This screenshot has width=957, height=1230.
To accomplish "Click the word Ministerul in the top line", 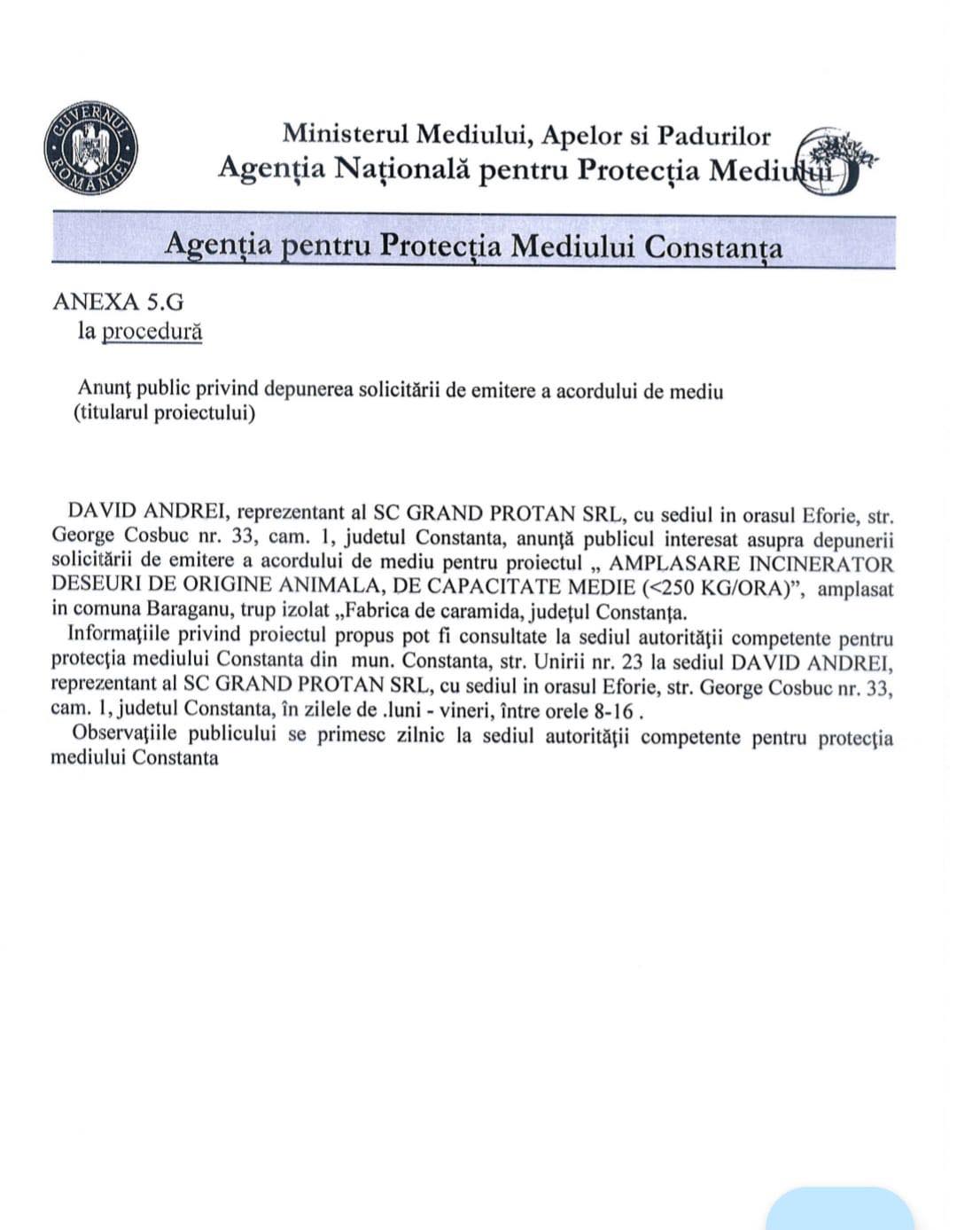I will coord(346,135).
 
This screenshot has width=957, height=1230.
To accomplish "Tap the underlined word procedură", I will coord(152,332).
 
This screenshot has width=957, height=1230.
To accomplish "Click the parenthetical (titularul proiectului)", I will coord(164,413).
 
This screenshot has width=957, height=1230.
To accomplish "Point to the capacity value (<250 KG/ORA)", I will coord(717,587).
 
